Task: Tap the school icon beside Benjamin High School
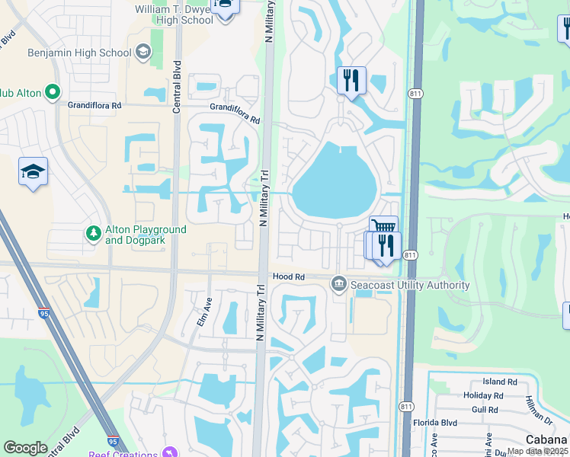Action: pyautogui.click(x=142, y=52)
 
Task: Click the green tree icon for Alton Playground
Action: pyautogui.click(x=93, y=234)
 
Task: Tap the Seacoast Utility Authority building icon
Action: pyautogui.click(x=338, y=285)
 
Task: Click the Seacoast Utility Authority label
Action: pyautogui.click(x=409, y=286)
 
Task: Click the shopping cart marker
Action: pyautogui.click(x=383, y=227)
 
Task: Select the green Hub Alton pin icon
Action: pyautogui.click(x=52, y=93)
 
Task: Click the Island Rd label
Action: pyautogui.click(x=500, y=382)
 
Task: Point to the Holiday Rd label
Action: pyautogui.click(x=483, y=395)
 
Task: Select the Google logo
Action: pyautogui.click(x=25, y=448)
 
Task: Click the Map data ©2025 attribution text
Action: pyautogui.click(x=538, y=451)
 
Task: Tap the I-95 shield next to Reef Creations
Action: pyautogui.click(x=113, y=440)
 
